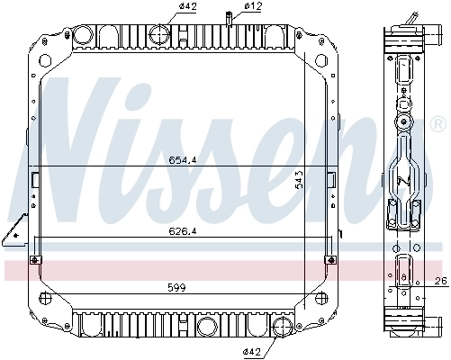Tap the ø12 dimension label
click(253, 9)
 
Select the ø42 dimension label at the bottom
click(252, 349)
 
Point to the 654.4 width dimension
click(183, 160)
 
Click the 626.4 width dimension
click(183, 231)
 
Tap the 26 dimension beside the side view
click(440, 282)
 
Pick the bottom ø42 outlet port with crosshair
click(282, 326)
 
